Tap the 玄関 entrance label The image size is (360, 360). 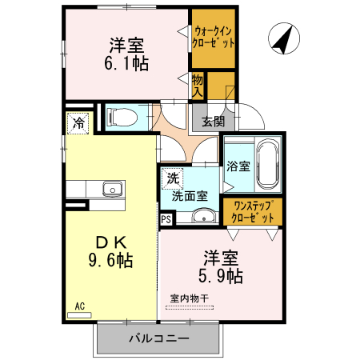(213, 122)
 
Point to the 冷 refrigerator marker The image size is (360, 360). (78, 123)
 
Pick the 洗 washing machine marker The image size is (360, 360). (172, 177)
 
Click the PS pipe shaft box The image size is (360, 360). (166, 218)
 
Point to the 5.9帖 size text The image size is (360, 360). (221, 277)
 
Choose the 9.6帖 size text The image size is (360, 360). (110, 259)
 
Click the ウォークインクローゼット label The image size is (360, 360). (214, 38)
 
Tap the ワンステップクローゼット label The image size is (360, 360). (252, 211)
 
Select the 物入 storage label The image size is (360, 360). (198, 85)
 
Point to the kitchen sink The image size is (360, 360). (110, 190)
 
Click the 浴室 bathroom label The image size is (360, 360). (238, 167)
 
